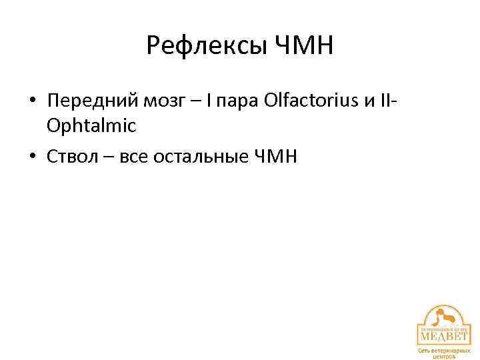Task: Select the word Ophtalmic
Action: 91,125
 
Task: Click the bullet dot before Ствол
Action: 32,157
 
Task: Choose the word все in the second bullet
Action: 132,157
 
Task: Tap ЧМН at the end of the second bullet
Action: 275,157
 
